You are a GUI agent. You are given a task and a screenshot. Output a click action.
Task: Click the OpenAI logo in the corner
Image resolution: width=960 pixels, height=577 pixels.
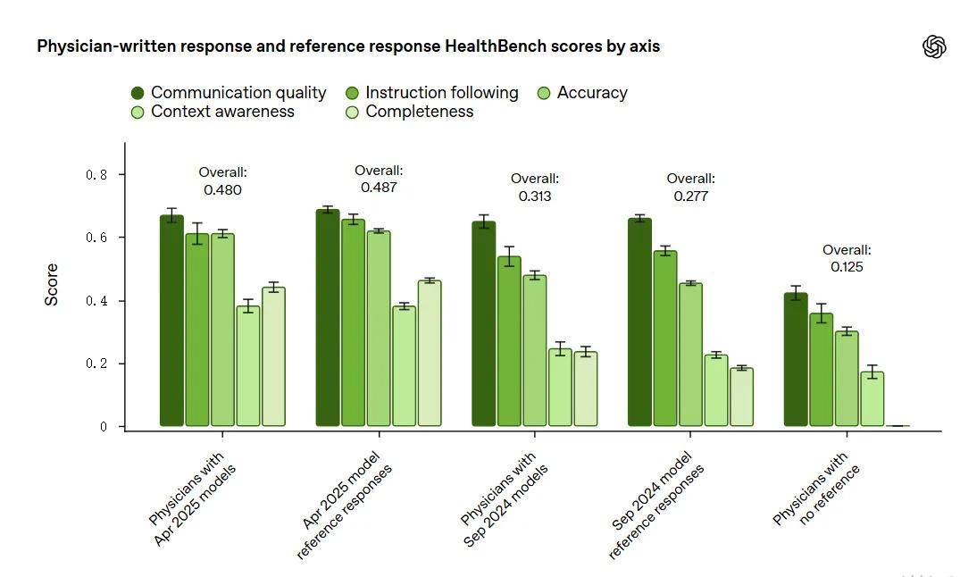pyautogui.click(x=934, y=46)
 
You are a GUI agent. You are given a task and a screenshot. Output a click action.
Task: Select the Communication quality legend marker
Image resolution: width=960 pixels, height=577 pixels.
pyautogui.click(x=138, y=93)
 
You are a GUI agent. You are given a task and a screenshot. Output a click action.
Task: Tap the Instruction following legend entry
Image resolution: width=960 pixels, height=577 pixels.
pyautogui.click(x=441, y=93)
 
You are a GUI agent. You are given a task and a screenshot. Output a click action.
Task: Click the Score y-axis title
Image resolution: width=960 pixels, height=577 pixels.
pyautogui.click(x=52, y=285)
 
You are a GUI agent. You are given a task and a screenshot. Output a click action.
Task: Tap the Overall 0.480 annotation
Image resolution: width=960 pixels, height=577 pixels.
pyautogui.click(x=222, y=180)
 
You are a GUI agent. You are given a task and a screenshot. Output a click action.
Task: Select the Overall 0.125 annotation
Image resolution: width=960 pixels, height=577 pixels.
pyautogui.click(x=847, y=258)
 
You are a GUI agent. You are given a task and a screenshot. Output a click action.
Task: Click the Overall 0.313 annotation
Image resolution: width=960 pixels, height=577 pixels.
pyautogui.click(x=534, y=187)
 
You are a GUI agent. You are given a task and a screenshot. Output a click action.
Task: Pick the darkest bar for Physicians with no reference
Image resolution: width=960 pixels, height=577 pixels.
pyautogui.click(x=796, y=360)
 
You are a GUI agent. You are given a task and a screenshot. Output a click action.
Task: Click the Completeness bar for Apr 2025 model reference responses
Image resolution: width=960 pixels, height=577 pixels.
pyautogui.click(x=430, y=354)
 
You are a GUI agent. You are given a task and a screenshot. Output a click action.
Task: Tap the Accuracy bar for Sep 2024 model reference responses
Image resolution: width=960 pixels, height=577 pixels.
pyautogui.click(x=690, y=355)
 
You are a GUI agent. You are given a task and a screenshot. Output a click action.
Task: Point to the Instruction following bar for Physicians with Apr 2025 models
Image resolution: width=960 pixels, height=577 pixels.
pyautogui.click(x=197, y=330)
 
